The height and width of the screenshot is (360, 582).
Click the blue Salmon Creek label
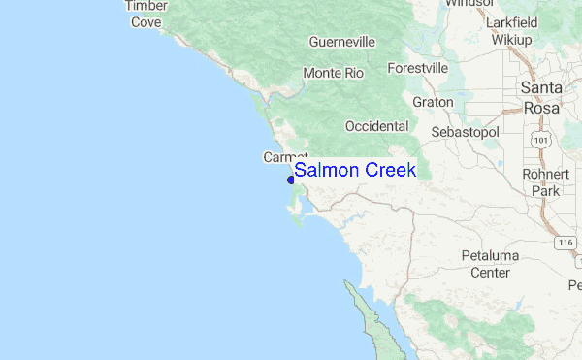(355, 171)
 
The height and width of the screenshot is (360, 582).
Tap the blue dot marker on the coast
(291, 179)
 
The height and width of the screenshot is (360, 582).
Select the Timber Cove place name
(145, 14)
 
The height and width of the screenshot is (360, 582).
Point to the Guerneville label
(340, 43)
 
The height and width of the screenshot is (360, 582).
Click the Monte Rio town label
(333, 74)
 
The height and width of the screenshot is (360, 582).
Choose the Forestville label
(417, 69)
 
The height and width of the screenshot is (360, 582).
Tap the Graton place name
(433, 101)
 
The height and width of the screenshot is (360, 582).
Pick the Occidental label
(376, 126)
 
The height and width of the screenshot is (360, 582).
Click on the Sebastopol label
(464, 131)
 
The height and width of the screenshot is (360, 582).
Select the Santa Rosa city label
(540, 98)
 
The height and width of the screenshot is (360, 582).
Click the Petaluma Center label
(490, 264)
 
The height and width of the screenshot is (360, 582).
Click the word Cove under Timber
(145, 21)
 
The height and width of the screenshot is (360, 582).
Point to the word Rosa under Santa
(540, 109)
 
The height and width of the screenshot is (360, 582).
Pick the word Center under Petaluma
(490, 273)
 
